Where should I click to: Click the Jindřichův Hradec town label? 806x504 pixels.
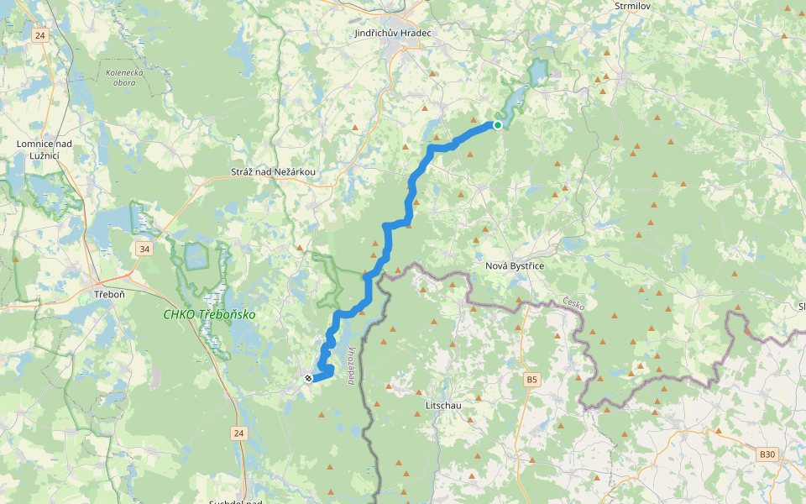(x=393, y=33)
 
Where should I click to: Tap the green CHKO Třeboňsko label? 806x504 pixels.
(x=209, y=315)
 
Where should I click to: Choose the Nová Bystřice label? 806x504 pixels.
(x=515, y=266)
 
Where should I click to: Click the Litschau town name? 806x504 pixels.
(x=439, y=406)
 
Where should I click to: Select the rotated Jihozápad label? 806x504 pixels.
(x=350, y=364)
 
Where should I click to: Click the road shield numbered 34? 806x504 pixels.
(x=145, y=249)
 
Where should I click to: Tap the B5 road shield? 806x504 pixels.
(x=531, y=381)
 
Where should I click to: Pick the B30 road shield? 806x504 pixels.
(x=767, y=454)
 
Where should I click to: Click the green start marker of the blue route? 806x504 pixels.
(x=498, y=125)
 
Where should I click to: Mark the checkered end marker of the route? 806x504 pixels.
(x=309, y=379)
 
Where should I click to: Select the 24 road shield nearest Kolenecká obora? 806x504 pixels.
(x=40, y=35)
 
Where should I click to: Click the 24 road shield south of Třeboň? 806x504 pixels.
(x=238, y=433)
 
